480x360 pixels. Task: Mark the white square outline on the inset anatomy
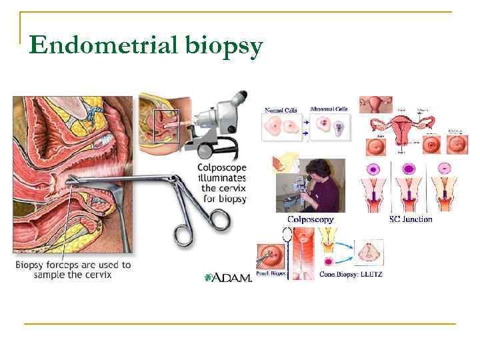tap(167, 126)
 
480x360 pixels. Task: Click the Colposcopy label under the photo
tap(310, 219)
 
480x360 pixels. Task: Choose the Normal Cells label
tap(281, 110)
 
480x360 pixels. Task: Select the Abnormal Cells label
tap(329, 109)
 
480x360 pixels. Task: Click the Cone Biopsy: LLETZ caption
tap(351, 273)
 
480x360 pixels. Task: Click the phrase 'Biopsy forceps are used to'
tap(73, 265)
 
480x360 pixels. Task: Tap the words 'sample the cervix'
tap(73, 275)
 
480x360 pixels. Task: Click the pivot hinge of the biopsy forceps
tap(175, 181)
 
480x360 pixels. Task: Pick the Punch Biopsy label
tap(271, 273)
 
